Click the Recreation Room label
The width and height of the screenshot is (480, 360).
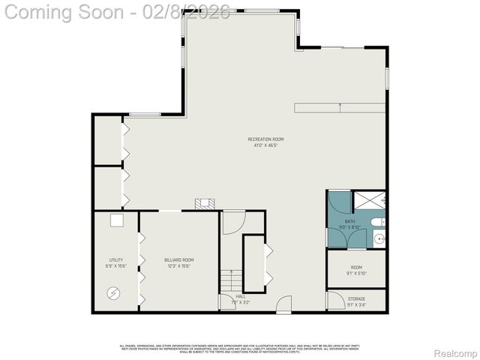(266, 139)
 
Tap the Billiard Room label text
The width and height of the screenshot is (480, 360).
(179, 259)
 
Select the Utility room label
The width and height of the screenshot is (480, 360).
(116, 259)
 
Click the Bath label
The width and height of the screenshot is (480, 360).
(350, 221)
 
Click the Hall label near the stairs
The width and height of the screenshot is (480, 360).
(241, 296)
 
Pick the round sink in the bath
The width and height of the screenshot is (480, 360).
(379, 239)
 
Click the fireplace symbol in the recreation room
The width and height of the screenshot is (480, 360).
(204, 202)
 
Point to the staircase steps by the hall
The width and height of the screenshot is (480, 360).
(232, 281)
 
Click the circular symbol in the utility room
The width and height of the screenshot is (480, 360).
(113, 293)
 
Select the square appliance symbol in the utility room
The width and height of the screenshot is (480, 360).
(116, 220)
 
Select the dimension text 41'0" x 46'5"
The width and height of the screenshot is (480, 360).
(266, 145)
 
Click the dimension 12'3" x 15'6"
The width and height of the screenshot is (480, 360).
(179, 265)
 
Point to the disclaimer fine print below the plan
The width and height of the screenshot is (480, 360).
(240, 348)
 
